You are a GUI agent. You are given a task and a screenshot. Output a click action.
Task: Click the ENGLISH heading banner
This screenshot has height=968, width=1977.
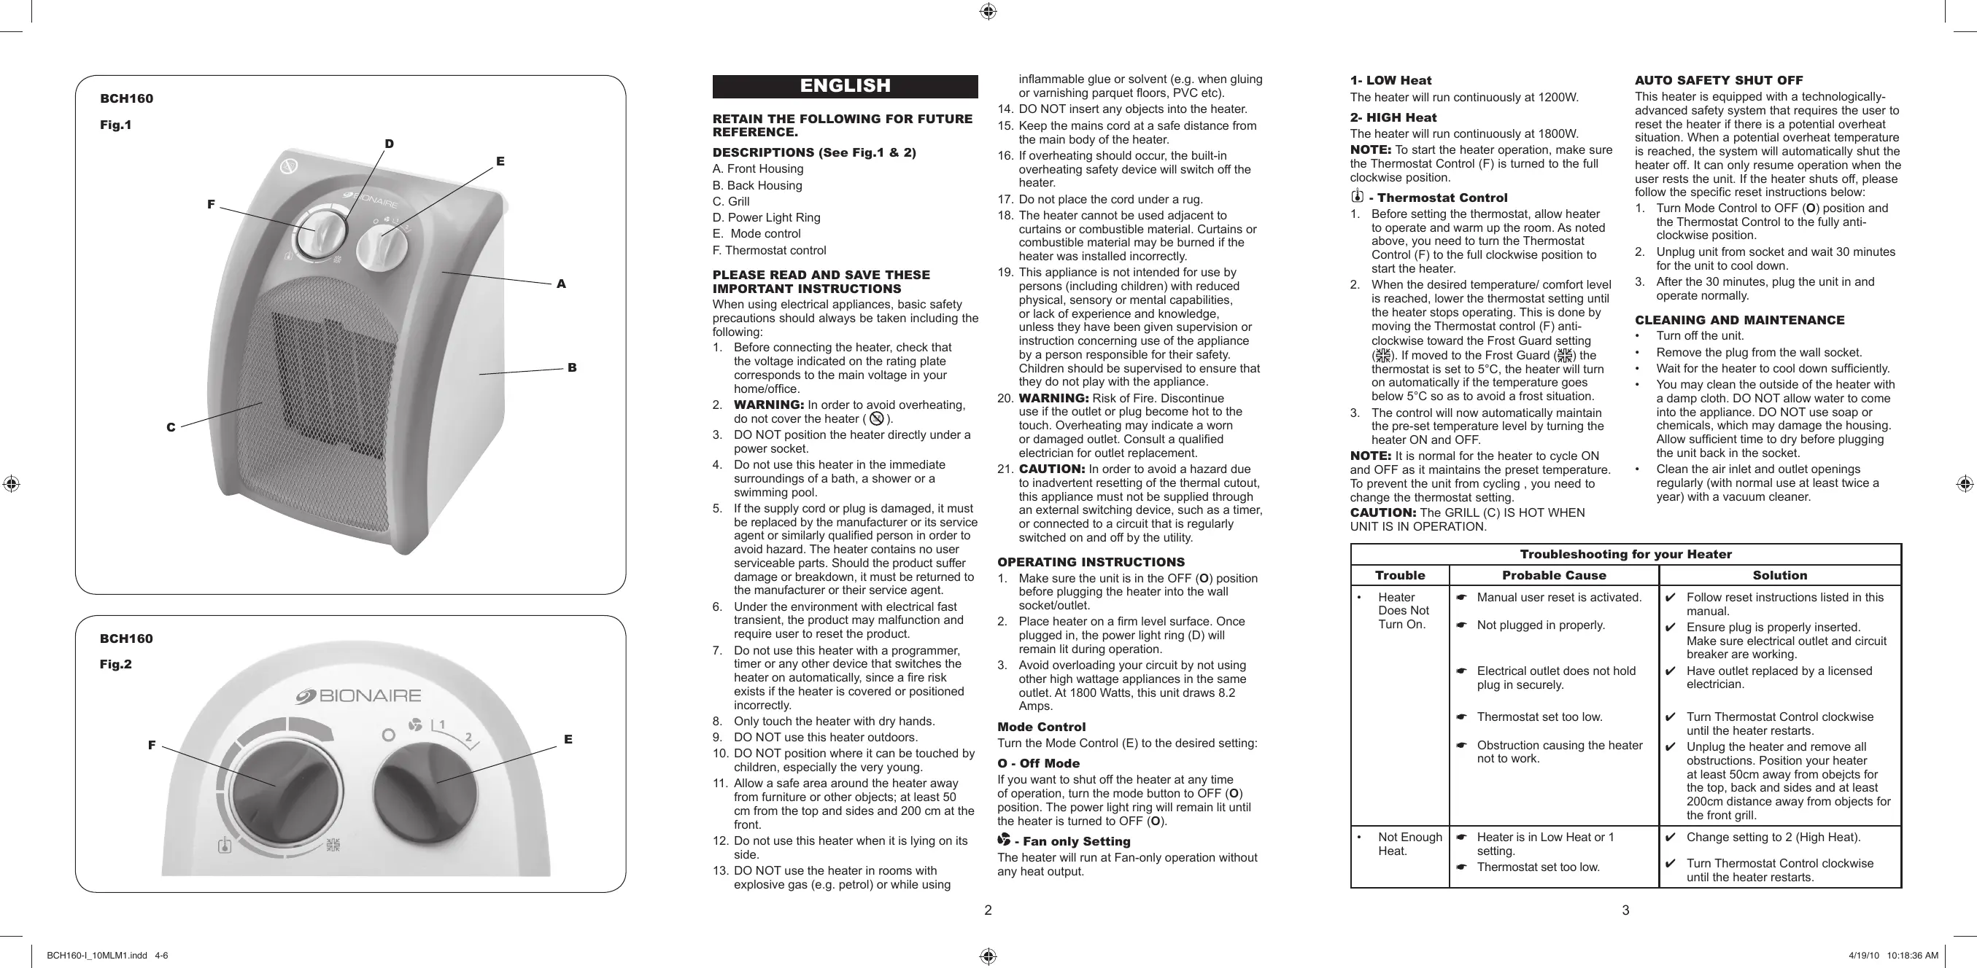[845, 86]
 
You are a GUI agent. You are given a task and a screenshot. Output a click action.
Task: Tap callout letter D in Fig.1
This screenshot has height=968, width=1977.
[389, 144]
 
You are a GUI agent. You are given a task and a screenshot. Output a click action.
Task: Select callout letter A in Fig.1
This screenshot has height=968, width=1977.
[561, 284]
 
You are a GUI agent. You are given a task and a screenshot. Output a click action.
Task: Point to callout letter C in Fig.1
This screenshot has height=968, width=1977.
[171, 427]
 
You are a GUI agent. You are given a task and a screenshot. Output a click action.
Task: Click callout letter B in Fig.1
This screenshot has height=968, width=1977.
[572, 367]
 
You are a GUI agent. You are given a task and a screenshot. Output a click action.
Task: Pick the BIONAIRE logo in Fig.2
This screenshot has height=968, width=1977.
[358, 695]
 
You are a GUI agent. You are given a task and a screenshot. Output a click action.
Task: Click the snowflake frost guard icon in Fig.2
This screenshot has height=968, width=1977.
[333, 846]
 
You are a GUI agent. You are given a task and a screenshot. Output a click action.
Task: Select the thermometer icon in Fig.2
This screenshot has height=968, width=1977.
[224, 846]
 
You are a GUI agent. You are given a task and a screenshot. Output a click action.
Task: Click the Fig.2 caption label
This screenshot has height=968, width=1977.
[116, 664]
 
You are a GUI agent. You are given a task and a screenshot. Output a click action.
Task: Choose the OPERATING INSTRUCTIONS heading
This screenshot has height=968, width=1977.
[1091, 562]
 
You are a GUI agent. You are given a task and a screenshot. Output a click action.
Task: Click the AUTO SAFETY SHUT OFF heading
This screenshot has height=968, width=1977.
[1718, 80]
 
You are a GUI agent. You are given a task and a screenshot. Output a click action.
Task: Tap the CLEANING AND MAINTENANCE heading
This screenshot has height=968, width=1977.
[1739, 320]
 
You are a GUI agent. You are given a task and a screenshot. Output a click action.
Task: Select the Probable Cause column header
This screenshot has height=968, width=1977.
[1553, 575]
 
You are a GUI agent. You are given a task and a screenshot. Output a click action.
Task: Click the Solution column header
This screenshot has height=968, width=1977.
[1779, 575]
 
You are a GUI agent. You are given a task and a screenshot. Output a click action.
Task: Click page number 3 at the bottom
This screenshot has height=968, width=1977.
[1625, 910]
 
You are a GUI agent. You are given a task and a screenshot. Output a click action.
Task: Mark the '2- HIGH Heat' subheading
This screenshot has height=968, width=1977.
[1393, 117]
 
